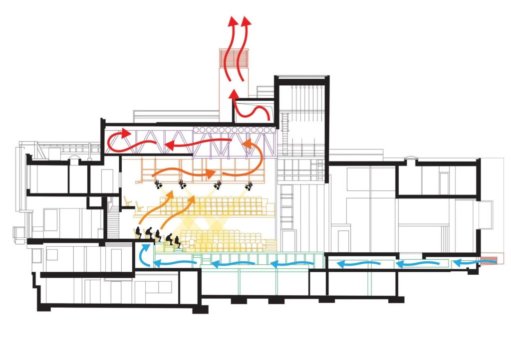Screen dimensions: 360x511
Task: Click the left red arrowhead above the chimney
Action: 233,21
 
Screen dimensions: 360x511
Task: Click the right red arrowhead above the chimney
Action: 246,21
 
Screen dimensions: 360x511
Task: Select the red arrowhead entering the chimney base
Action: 233,94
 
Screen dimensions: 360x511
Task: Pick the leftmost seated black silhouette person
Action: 137,233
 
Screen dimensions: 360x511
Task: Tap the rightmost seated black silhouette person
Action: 178,241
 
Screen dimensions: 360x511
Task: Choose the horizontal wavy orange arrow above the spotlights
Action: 185,174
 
